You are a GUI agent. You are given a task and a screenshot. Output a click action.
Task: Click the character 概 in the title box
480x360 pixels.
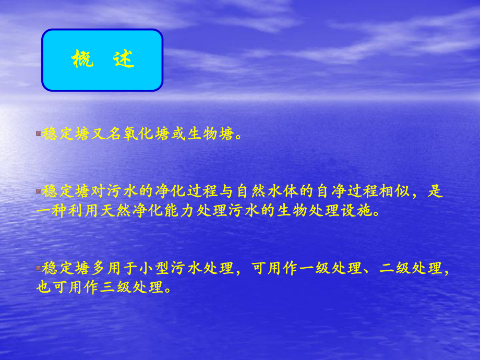(82, 60)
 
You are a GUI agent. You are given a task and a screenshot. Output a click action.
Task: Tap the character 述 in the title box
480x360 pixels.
(124, 60)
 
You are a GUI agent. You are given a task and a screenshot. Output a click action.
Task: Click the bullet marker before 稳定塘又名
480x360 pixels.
(38, 134)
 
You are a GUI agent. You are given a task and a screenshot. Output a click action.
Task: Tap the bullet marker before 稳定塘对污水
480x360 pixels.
(38, 191)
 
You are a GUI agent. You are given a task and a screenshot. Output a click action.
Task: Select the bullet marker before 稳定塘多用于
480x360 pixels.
(38, 268)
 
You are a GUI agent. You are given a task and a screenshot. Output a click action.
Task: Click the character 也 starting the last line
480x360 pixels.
(43, 287)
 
